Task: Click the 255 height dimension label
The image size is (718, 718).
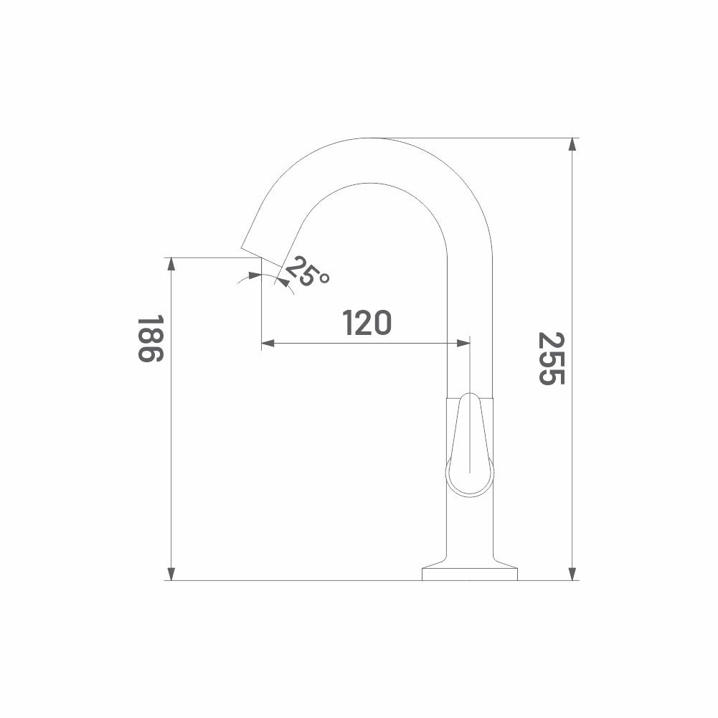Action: (x=552, y=359)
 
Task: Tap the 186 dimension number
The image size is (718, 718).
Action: (x=150, y=339)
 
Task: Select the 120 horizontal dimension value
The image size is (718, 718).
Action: (x=367, y=322)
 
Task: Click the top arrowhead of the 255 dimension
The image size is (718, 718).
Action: (x=572, y=143)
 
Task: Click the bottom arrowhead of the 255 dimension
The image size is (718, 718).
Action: (x=572, y=575)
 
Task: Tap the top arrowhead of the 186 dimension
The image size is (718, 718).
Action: (x=171, y=264)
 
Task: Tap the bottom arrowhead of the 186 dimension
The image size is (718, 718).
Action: (x=171, y=575)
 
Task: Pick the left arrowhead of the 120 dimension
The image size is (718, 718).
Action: (x=268, y=343)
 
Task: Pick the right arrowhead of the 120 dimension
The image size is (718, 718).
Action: (x=463, y=343)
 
